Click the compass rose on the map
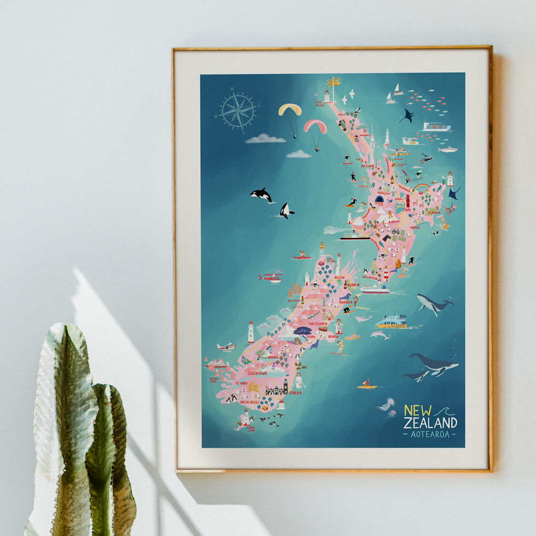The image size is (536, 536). tap(238, 110)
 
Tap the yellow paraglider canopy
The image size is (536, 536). tap(290, 109)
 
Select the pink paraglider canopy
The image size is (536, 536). tap(316, 126)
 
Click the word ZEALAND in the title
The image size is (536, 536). tap(430, 423)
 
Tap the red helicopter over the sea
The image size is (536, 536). tap(271, 277)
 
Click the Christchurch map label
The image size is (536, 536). tap(318, 323)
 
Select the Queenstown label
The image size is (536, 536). tap(257, 372)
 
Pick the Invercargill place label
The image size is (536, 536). tap(252, 401)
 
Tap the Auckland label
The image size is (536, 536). tap(367, 166)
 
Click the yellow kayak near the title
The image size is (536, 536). tap(367, 387)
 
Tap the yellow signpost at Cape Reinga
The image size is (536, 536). tap(333, 83)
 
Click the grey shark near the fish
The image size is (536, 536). tap(447, 149)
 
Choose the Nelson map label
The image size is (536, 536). tap(340, 277)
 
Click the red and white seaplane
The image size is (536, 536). tap(225, 347)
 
